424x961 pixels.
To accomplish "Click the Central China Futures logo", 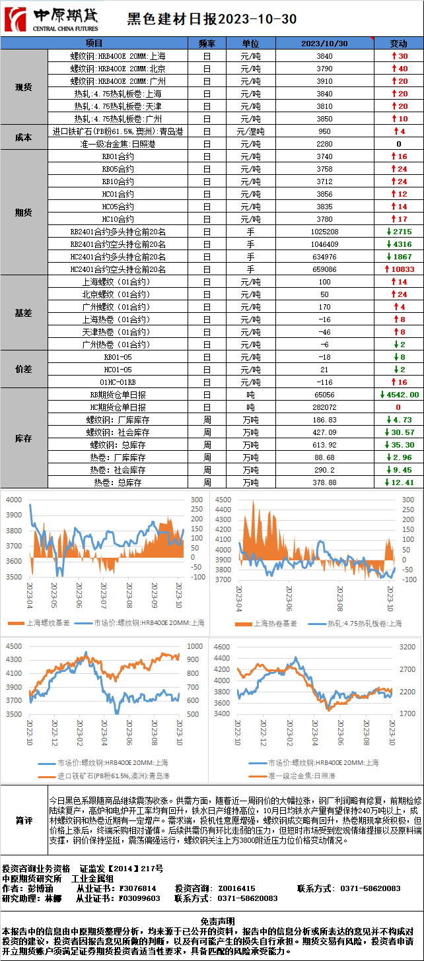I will (50, 18).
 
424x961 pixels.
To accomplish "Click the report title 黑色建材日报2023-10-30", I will (211, 19).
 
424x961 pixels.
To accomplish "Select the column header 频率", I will (207, 43).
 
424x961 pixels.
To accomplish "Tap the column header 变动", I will (398, 43).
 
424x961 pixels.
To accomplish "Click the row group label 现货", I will (24, 87).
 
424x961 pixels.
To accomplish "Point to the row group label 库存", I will (24, 438).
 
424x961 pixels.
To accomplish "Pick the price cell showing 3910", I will (324, 81).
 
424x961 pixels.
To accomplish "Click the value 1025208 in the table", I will (324, 232).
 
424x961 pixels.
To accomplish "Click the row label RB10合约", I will (118, 182).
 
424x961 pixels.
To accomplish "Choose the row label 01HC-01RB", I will (118, 382).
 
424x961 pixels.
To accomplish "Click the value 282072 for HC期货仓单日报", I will (324, 407).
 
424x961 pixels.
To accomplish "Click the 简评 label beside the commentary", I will (24, 820).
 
